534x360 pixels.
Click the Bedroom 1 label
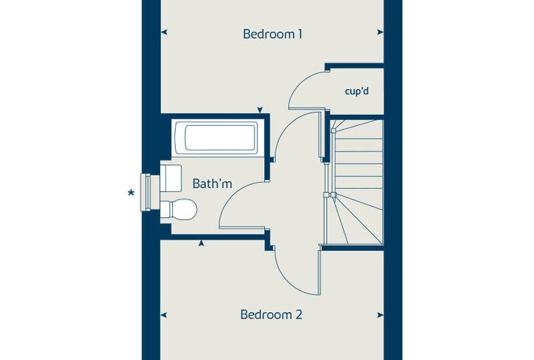point(273,34)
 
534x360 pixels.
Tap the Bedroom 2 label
point(271,314)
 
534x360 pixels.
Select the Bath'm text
point(212,184)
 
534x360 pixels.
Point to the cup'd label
point(357,91)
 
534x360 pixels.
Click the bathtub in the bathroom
point(216,138)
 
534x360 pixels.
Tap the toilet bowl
point(178,209)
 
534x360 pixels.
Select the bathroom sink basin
point(171,178)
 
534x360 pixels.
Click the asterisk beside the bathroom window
point(131,194)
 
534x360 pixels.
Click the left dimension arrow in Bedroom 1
point(164,32)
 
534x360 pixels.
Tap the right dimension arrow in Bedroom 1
point(380,32)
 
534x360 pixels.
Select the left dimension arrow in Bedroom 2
point(164,315)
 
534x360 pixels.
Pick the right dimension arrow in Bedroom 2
point(380,315)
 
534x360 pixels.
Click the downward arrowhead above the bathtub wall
point(260,110)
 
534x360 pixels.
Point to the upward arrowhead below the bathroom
point(201,243)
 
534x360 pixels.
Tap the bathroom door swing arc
point(229,197)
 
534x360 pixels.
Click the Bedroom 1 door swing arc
point(287,125)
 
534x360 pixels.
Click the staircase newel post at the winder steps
point(330,195)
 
